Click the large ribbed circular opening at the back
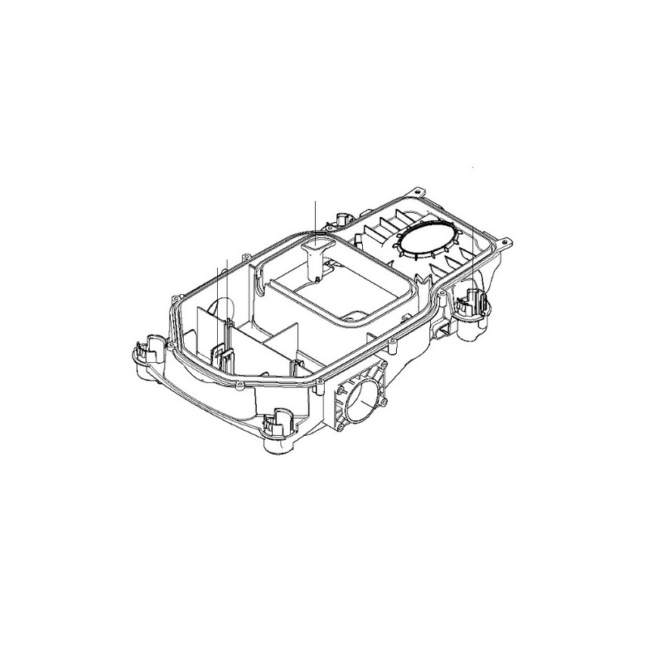coord(428,240)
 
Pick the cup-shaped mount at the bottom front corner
coord(276,423)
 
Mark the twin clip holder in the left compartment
coord(223,356)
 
